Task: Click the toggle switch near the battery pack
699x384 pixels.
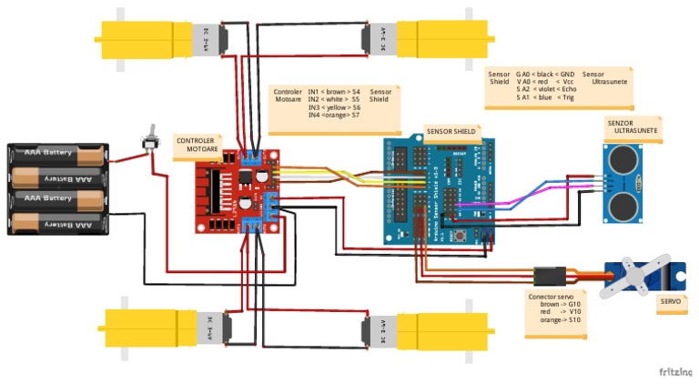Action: (x=146, y=142)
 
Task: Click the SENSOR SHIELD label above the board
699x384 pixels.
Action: (x=451, y=131)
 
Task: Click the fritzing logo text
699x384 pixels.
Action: (x=674, y=371)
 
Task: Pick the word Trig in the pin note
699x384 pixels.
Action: (x=569, y=97)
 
